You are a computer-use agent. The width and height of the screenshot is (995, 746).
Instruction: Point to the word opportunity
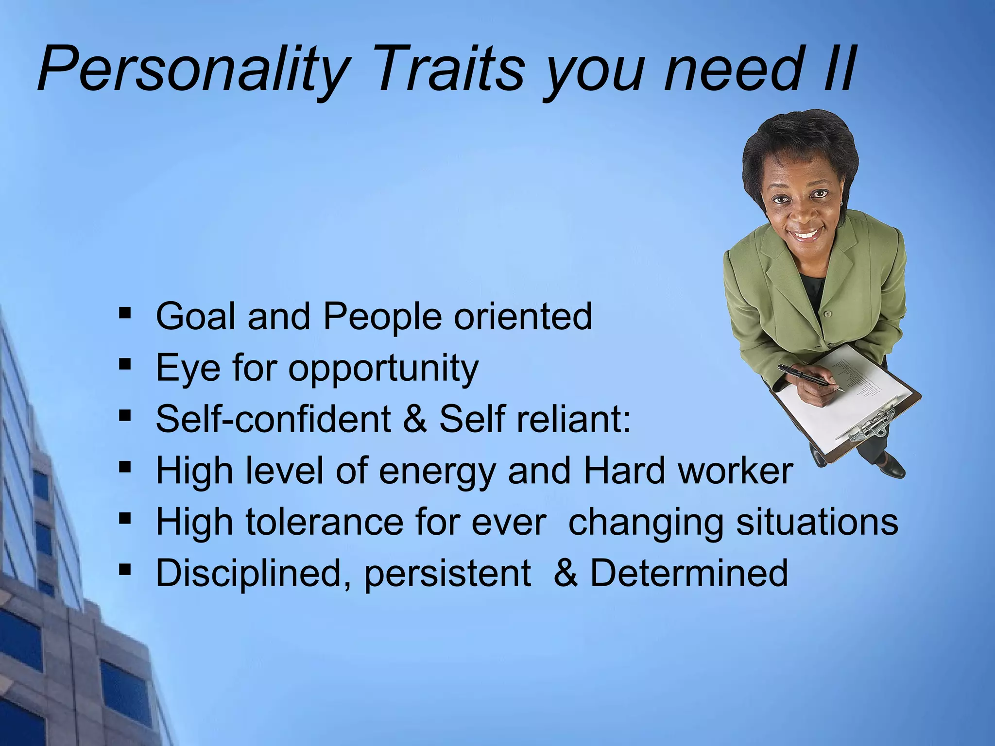click(384, 369)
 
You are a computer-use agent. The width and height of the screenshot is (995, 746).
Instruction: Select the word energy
click(437, 472)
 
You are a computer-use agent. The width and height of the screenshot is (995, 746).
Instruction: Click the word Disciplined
click(253, 573)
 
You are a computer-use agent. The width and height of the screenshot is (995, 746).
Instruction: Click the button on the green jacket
click(827, 314)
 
